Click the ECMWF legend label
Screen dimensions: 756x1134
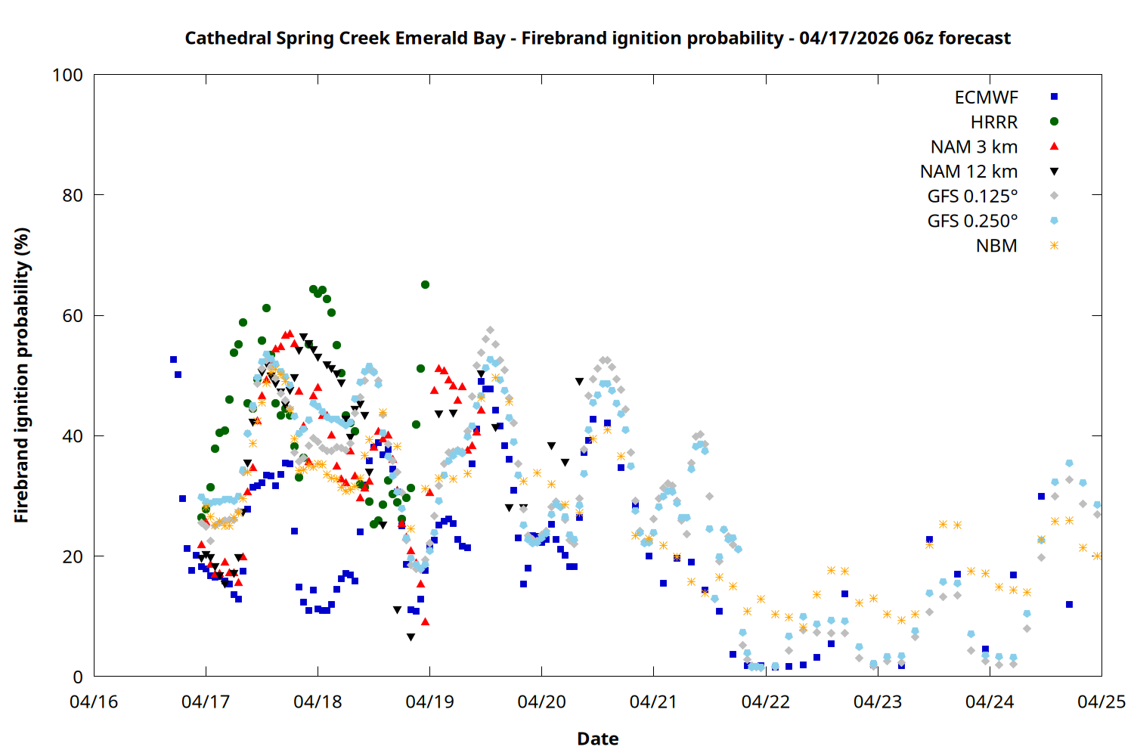pos(986,98)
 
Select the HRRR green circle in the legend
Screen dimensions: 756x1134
pos(1054,122)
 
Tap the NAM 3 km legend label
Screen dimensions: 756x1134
pos(974,147)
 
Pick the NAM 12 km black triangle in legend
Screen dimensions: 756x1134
pos(1054,172)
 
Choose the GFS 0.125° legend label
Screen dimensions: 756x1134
pos(972,197)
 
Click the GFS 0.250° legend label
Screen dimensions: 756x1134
pos(972,222)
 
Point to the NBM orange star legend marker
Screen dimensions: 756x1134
pos(1054,246)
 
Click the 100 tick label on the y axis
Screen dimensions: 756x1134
pos(67,76)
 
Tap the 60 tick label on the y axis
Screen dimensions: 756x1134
pos(73,316)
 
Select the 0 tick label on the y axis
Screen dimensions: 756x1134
pos(78,677)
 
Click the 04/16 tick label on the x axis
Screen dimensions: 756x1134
pos(94,702)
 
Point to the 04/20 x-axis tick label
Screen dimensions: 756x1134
pos(541,702)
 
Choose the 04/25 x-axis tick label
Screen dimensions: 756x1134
pos(1101,702)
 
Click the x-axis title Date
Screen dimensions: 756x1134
pos(597,739)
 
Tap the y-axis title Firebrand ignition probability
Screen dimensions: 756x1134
pos(22,375)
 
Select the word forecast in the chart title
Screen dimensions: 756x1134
pos(974,39)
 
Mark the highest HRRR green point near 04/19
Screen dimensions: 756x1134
pos(425,285)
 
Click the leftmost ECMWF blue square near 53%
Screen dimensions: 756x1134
pos(173,360)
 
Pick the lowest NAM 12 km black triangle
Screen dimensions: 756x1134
pos(411,637)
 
